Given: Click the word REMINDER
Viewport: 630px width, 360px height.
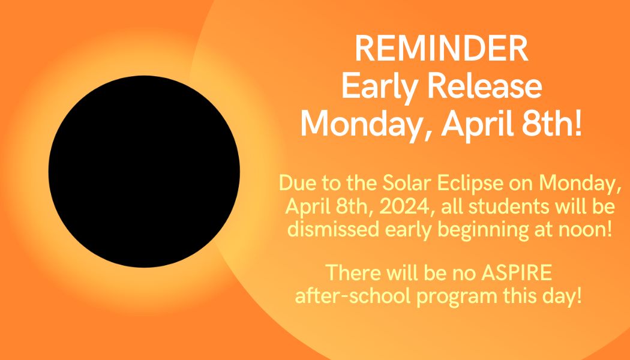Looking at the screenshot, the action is point(441,49).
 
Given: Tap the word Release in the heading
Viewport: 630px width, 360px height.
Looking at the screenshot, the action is point(484,87).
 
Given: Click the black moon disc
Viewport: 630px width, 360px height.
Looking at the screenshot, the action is point(144,171).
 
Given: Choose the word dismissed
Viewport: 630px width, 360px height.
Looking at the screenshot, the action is point(334,229).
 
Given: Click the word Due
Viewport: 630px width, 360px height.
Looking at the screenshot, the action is point(297,183).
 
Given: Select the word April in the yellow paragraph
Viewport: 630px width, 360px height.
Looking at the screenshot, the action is point(308,208).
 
